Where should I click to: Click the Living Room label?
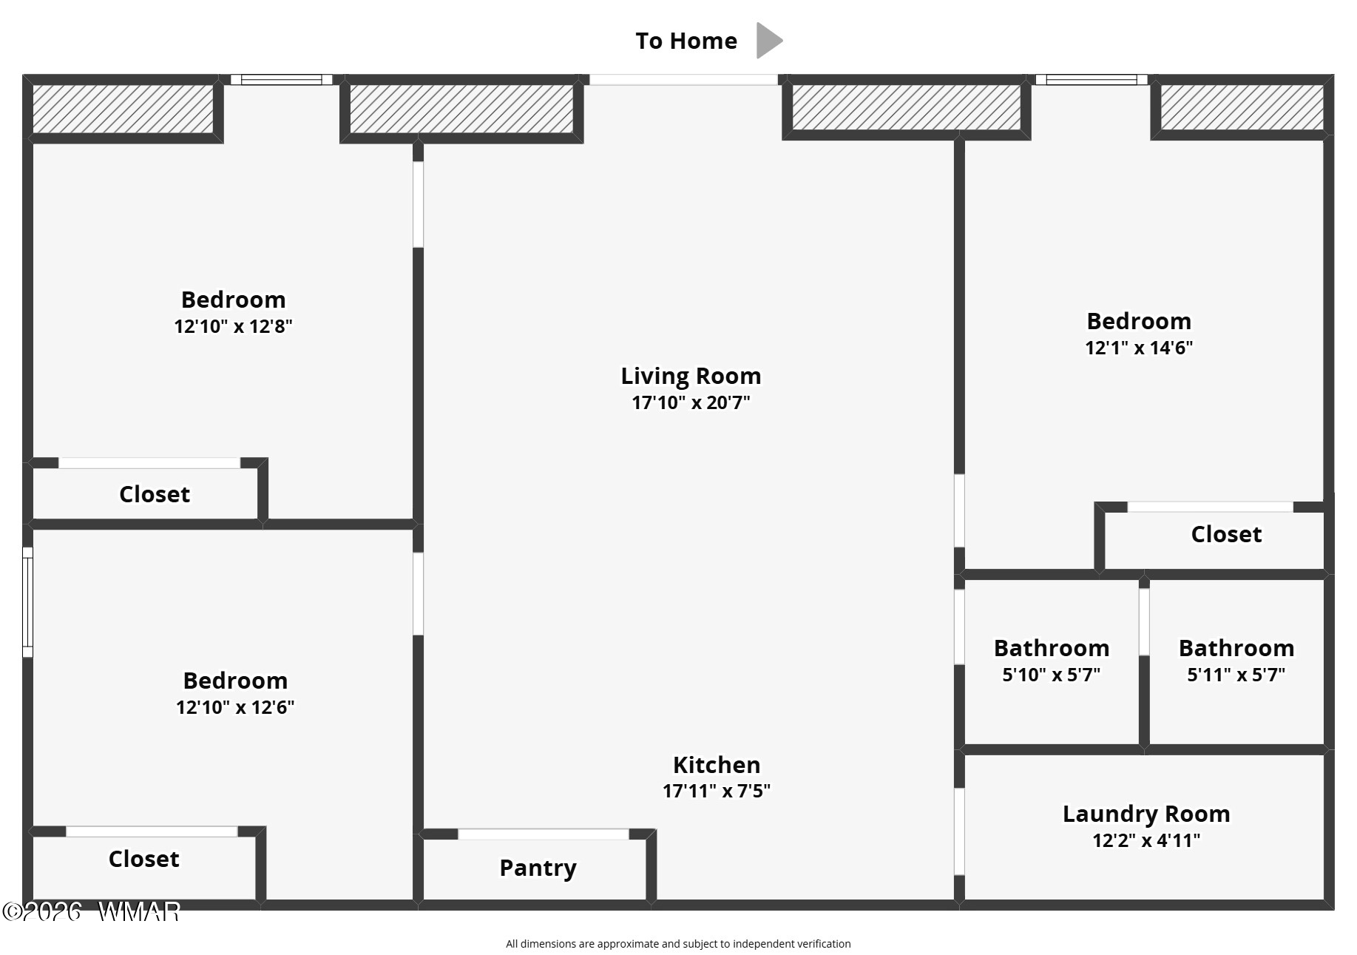pos(691,376)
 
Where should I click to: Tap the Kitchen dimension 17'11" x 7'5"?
pos(717,791)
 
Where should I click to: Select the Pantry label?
pos(538,868)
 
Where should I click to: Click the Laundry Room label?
pos(1146,814)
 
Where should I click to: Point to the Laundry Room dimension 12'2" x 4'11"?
pos(1146,840)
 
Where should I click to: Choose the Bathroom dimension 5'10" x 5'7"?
pos(1052,675)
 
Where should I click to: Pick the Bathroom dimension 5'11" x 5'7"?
pos(1236,675)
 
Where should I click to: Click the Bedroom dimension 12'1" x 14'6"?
pos(1139,348)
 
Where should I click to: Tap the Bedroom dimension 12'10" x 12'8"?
pos(234,326)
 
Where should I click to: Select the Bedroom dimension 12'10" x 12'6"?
pos(235,707)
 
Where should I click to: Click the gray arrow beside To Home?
pos(768,40)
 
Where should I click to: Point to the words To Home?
pos(686,41)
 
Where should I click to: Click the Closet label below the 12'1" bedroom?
pos(1226,534)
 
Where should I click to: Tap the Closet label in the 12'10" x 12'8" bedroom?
pos(155,494)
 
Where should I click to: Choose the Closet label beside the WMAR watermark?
pos(143,859)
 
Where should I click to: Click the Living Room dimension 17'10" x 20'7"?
pos(691,402)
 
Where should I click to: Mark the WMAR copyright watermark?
pos(91,911)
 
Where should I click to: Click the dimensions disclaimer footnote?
pos(678,944)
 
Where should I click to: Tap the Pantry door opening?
pos(544,834)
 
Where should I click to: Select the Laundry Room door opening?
pos(959,831)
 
